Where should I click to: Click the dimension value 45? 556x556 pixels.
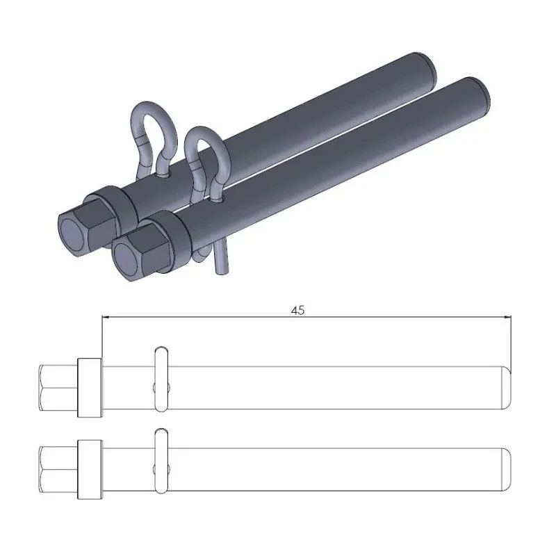point(297,311)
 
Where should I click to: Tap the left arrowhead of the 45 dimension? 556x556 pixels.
point(106,318)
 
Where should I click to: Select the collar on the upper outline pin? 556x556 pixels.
point(90,387)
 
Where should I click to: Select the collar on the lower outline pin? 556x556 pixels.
point(90,470)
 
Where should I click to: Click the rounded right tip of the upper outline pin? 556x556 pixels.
point(508,387)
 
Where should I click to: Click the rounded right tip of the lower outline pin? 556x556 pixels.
point(508,470)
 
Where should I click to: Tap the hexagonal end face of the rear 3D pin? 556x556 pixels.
point(73,231)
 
